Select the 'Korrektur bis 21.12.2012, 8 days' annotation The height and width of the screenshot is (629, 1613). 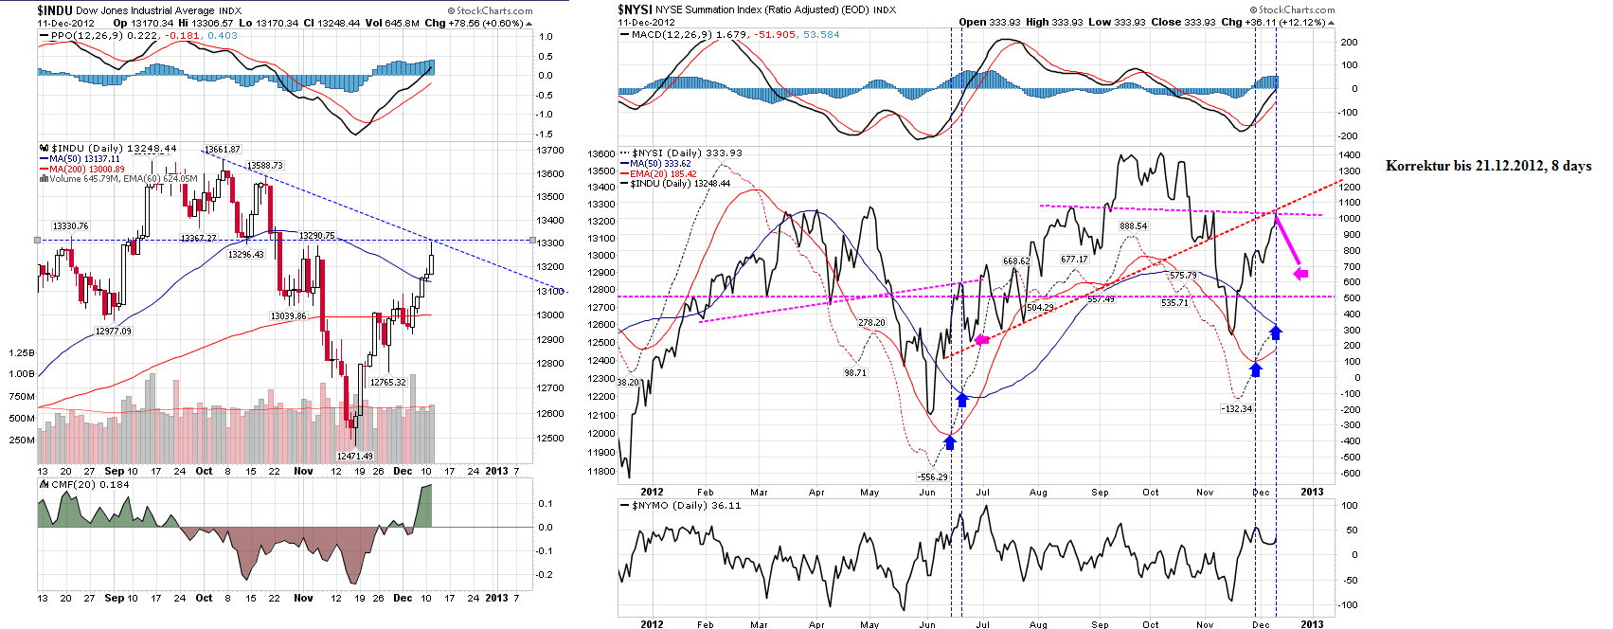(x=1488, y=166)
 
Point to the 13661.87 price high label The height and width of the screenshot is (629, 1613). (x=223, y=150)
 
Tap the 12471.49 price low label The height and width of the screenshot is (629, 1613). (x=355, y=457)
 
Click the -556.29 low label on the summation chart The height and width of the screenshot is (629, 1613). (x=932, y=477)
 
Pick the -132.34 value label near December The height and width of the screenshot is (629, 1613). (x=1236, y=409)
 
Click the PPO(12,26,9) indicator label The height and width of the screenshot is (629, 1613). (x=90, y=36)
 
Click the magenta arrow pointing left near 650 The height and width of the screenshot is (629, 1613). (x=1301, y=274)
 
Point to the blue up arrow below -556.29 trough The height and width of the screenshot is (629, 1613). (x=950, y=442)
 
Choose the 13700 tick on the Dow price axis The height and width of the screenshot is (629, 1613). (x=550, y=151)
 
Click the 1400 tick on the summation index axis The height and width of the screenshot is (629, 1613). (x=1349, y=154)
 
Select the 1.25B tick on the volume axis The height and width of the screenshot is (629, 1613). (x=22, y=353)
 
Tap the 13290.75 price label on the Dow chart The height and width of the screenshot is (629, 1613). (x=316, y=236)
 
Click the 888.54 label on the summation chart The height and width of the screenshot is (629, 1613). (x=1133, y=226)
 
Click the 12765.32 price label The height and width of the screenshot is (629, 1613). (x=387, y=383)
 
